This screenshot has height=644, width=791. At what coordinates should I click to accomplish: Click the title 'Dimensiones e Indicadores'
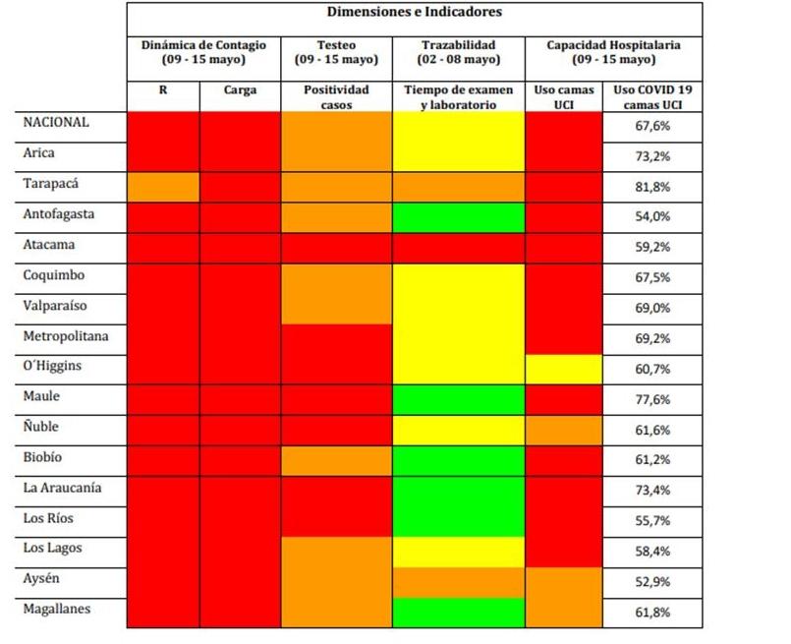coord(414,13)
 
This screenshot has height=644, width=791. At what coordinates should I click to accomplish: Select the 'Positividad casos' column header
coord(336,97)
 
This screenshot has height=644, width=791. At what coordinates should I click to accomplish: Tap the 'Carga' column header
coord(240,90)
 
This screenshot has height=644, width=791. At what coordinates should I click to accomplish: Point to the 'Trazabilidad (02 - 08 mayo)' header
coord(458,52)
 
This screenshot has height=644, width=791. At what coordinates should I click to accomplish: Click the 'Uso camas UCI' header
coord(563,97)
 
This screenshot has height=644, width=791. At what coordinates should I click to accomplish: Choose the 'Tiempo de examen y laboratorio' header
coord(458,97)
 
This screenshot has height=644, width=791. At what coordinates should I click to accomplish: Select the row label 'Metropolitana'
coord(66,336)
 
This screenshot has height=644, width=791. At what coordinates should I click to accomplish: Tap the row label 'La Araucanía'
coord(63,488)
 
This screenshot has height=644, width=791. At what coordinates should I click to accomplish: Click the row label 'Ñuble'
coord(43,427)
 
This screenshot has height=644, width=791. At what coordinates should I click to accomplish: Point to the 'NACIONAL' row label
coord(56,123)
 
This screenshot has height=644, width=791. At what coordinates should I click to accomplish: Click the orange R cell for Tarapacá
coord(163,186)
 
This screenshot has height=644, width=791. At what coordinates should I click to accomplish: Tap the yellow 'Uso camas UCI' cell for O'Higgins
coord(563,368)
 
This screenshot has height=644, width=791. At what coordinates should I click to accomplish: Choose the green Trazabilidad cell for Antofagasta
coord(458,216)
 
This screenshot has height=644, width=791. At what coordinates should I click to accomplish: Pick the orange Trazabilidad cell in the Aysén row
coord(458,582)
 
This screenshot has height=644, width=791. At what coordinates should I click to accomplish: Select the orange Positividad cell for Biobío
coord(336,460)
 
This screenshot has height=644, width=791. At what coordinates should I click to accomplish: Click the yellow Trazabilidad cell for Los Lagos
coord(458,552)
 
